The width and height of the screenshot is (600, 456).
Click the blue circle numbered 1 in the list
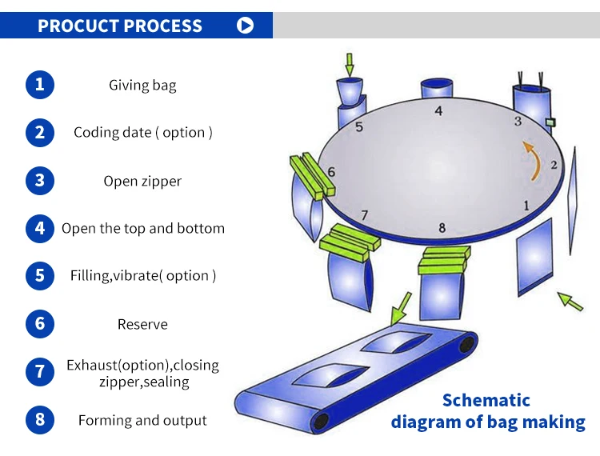[40, 84]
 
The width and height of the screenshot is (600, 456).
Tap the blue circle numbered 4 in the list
[40, 228]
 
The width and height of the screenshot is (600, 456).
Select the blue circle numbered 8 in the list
[40, 420]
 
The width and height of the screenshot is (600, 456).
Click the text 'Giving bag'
[142, 85]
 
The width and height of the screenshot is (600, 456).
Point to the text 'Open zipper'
[142, 181]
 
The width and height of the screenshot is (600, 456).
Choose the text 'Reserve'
[142, 324]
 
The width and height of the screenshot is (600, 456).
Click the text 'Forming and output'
[142, 420]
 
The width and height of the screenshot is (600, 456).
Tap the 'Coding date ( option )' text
[143, 133]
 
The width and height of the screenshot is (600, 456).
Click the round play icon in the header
[246, 26]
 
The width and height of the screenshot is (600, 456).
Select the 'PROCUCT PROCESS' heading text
[120, 26]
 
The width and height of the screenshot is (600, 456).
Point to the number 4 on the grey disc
[438, 111]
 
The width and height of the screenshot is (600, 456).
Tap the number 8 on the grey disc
[442, 228]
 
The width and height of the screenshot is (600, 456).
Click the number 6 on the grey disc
[331, 172]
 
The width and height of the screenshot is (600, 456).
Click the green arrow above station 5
[350, 64]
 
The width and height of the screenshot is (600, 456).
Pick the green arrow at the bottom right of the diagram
[570, 301]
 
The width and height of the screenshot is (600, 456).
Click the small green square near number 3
[550, 122]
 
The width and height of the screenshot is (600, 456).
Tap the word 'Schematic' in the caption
[486, 400]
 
